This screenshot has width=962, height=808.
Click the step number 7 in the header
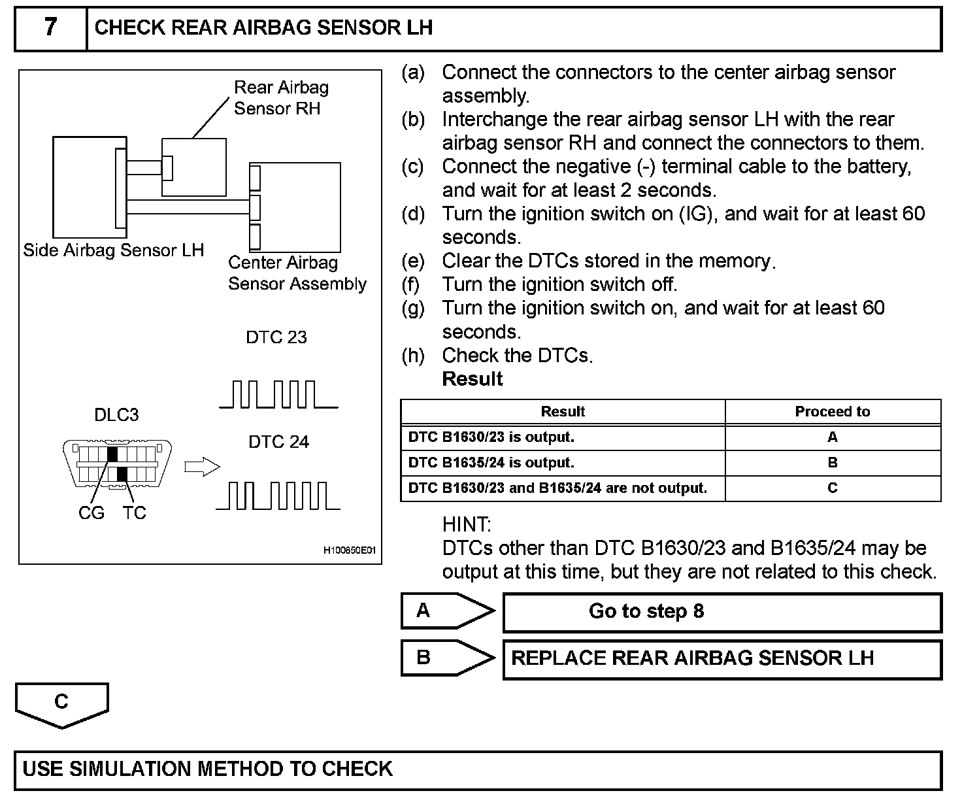pyautogui.click(x=50, y=27)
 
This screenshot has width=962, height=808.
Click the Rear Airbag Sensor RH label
pyautogui.click(x=281, y=98)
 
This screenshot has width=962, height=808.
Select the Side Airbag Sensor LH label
pyautogui.click(x=114, y=250)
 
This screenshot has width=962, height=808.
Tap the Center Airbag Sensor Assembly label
pyautogui.click(x=297, y=273)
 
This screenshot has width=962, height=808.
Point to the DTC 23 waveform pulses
pyautogui.click(x=278, y=394)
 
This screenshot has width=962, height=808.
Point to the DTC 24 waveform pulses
pyautogui.click(x=278, y=496)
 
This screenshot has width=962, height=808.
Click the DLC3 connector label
pyautogui.click(x=116, y=415)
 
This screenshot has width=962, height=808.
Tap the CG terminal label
pyautogui.click(x=91, y=513)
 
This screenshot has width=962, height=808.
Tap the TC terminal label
pyautogui.click(x=134, y=513)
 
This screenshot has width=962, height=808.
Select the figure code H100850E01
pyautogui.click(x=350, y=550)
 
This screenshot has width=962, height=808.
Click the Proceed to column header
pyautogui.click(x=832, y=412)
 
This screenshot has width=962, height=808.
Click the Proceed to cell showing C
pyautogui.click(x=832, y=488)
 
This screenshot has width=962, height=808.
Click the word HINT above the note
pyautogui.click(x=467, y=524)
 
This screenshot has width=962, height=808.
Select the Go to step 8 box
pyautogui.click(x=721, y=612)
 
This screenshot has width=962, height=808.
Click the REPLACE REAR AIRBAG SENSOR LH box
pyautogui.click(x=721, y=658)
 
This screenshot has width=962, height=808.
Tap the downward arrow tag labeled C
pyautogui.click(x=61, y=704)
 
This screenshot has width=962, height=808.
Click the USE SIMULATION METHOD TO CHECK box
pyautogui.click(x=478, y=769)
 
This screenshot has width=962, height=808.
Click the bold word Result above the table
pyautogui.click(x=473, y=379)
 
